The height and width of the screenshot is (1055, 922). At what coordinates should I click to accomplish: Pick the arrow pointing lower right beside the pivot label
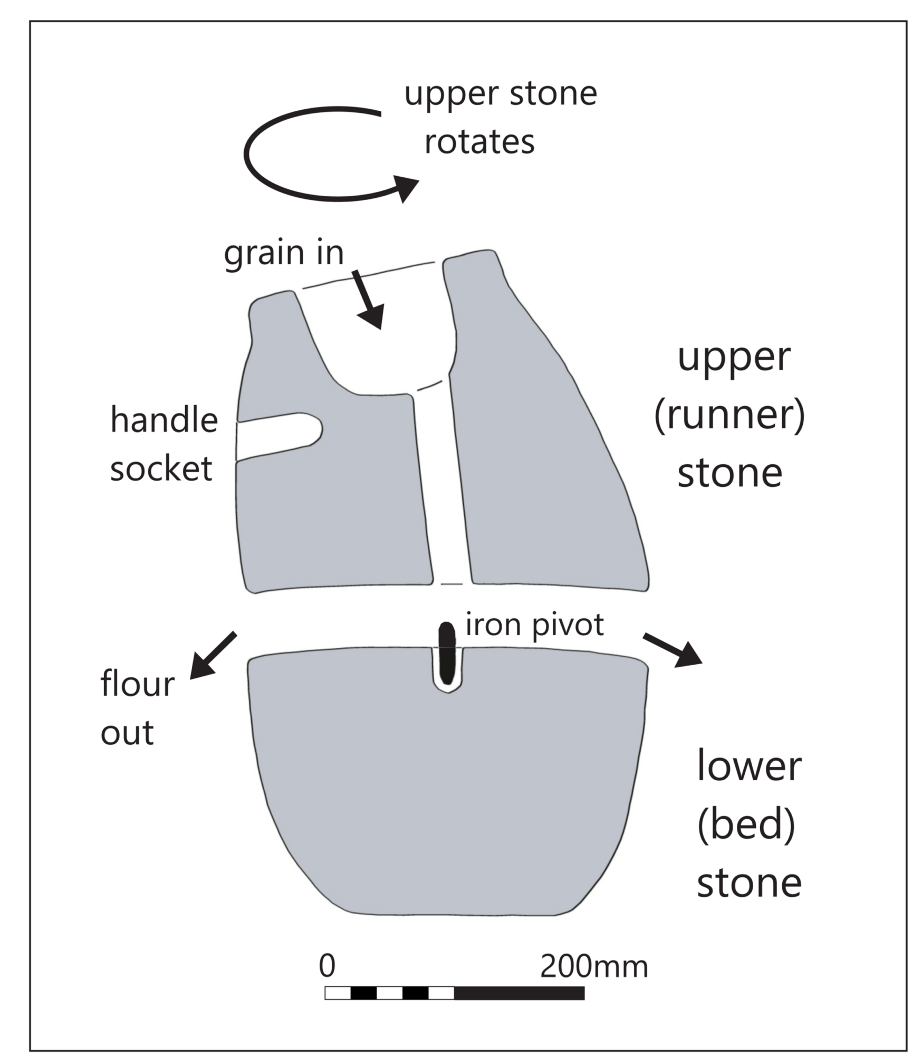click(x=673, y=650)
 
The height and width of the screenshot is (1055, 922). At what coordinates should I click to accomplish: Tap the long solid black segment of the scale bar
click(x=519, y=993)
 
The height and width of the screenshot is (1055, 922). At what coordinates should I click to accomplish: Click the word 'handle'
click(x=164, y=420)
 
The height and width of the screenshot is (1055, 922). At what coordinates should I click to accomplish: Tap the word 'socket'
click(x=161, y=468)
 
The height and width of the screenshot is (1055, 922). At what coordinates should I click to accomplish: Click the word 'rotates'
click(x=479, y=142)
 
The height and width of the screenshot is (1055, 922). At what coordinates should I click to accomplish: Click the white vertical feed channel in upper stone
click(x=443, y=488)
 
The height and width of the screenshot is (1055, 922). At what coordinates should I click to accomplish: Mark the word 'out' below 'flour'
click(x=127, y=733)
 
